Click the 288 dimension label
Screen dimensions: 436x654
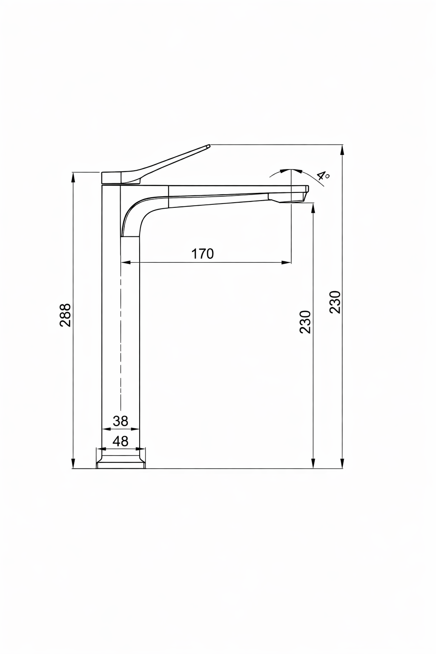[65, 315]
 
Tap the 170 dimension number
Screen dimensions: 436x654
[202, 254]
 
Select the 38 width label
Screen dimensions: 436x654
[120, 421]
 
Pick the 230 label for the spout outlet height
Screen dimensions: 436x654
[304, 322]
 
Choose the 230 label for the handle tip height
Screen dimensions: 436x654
[335, 302]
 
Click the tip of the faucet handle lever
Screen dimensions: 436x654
[209, 145]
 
